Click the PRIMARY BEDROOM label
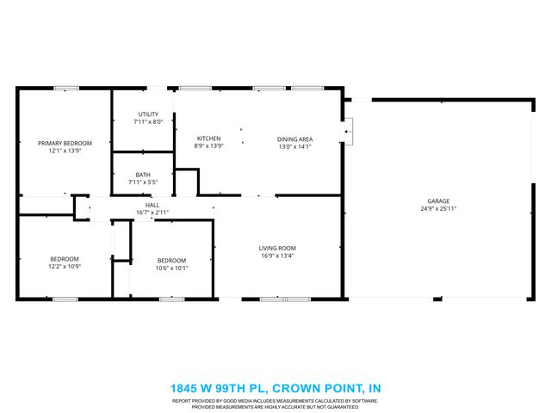65,143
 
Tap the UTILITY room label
148,114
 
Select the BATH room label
142,175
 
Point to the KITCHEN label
209,139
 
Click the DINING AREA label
294,139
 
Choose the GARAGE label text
438,200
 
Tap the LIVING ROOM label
277,248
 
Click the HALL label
152,205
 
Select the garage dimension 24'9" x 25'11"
438,208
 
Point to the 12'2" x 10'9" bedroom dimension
65,267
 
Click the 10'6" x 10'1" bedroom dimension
170,268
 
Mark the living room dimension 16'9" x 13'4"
277,256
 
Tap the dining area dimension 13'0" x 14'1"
294,146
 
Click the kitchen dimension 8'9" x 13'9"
209,146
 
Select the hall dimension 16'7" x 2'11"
152,212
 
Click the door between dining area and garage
347,132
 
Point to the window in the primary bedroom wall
66,88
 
